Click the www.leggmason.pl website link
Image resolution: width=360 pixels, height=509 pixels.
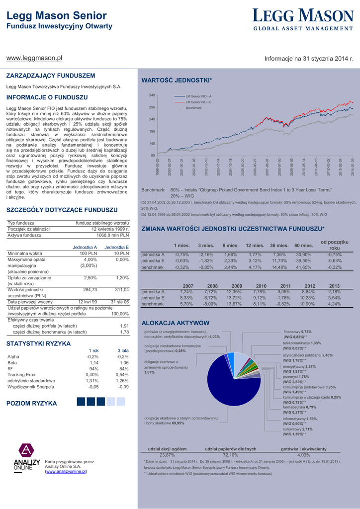[34, 58]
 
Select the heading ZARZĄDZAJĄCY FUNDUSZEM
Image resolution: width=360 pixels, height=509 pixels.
[50, 76]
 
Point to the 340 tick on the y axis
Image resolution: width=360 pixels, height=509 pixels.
[152, 95]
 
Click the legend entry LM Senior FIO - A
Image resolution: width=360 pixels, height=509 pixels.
[198, 96]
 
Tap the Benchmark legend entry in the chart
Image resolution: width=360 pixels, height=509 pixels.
[193, 108]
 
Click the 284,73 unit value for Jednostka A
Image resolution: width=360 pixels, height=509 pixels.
[90, 289]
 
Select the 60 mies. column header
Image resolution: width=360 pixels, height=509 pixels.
[303, 246]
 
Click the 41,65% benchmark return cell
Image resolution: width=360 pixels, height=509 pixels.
[303, 267]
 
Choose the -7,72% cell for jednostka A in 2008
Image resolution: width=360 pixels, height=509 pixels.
[210, 292]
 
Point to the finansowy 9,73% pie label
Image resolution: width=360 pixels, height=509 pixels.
[297, 345]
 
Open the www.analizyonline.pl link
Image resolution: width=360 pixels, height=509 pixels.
[66, 471]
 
